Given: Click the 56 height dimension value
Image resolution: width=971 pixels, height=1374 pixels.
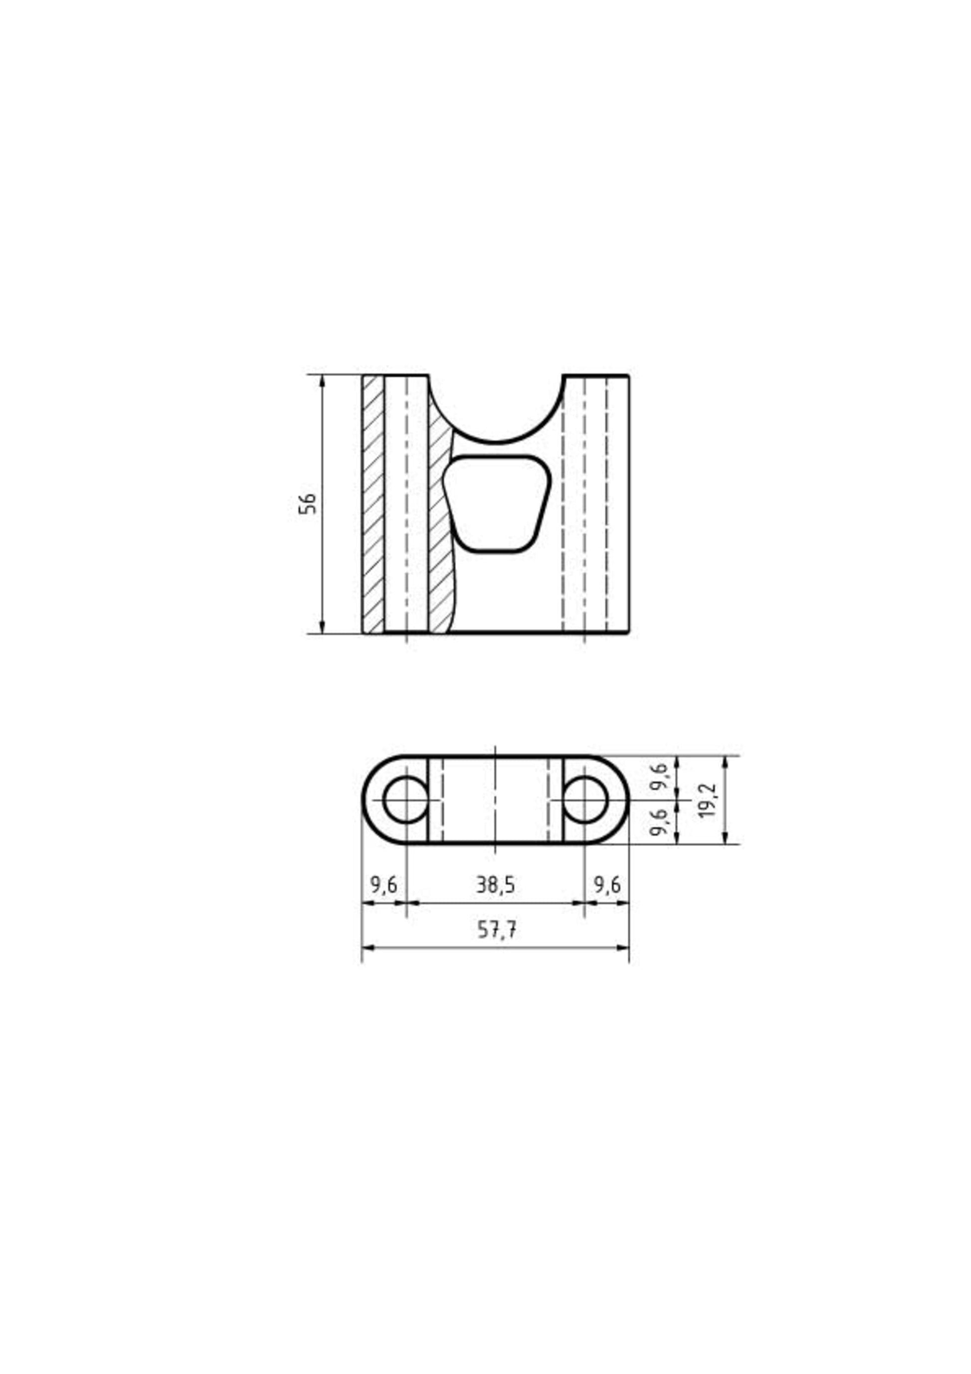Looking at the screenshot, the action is (307, 504).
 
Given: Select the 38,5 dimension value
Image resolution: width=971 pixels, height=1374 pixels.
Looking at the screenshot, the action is (495, 885).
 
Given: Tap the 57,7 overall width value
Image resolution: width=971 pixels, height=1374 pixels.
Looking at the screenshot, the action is (497, 930).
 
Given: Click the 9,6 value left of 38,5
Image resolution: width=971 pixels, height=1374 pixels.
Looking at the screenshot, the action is (383, 885).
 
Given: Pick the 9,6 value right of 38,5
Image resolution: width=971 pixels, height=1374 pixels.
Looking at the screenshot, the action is (607, 885).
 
